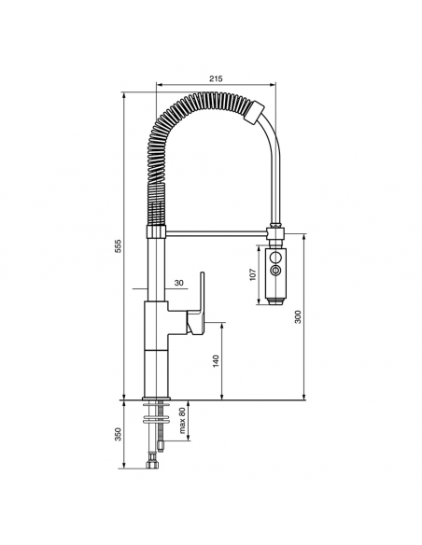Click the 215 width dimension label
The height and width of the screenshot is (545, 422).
[x=216, y=78]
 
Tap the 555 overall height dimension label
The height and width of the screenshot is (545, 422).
[x=119, y=245]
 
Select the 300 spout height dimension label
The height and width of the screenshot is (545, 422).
[x=298, y=316]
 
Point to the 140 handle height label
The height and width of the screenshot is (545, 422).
[x=217, y=361]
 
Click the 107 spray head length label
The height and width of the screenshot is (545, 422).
[x=253, y=274]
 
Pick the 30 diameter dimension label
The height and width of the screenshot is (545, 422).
[x=178, y=284]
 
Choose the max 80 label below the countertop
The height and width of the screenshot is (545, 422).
[x=182, y=421]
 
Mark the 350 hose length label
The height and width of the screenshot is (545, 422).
[x=119, y=435]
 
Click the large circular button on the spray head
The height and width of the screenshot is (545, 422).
[x=275, y=258]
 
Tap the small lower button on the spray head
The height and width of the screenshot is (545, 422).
[x=276, y=270]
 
